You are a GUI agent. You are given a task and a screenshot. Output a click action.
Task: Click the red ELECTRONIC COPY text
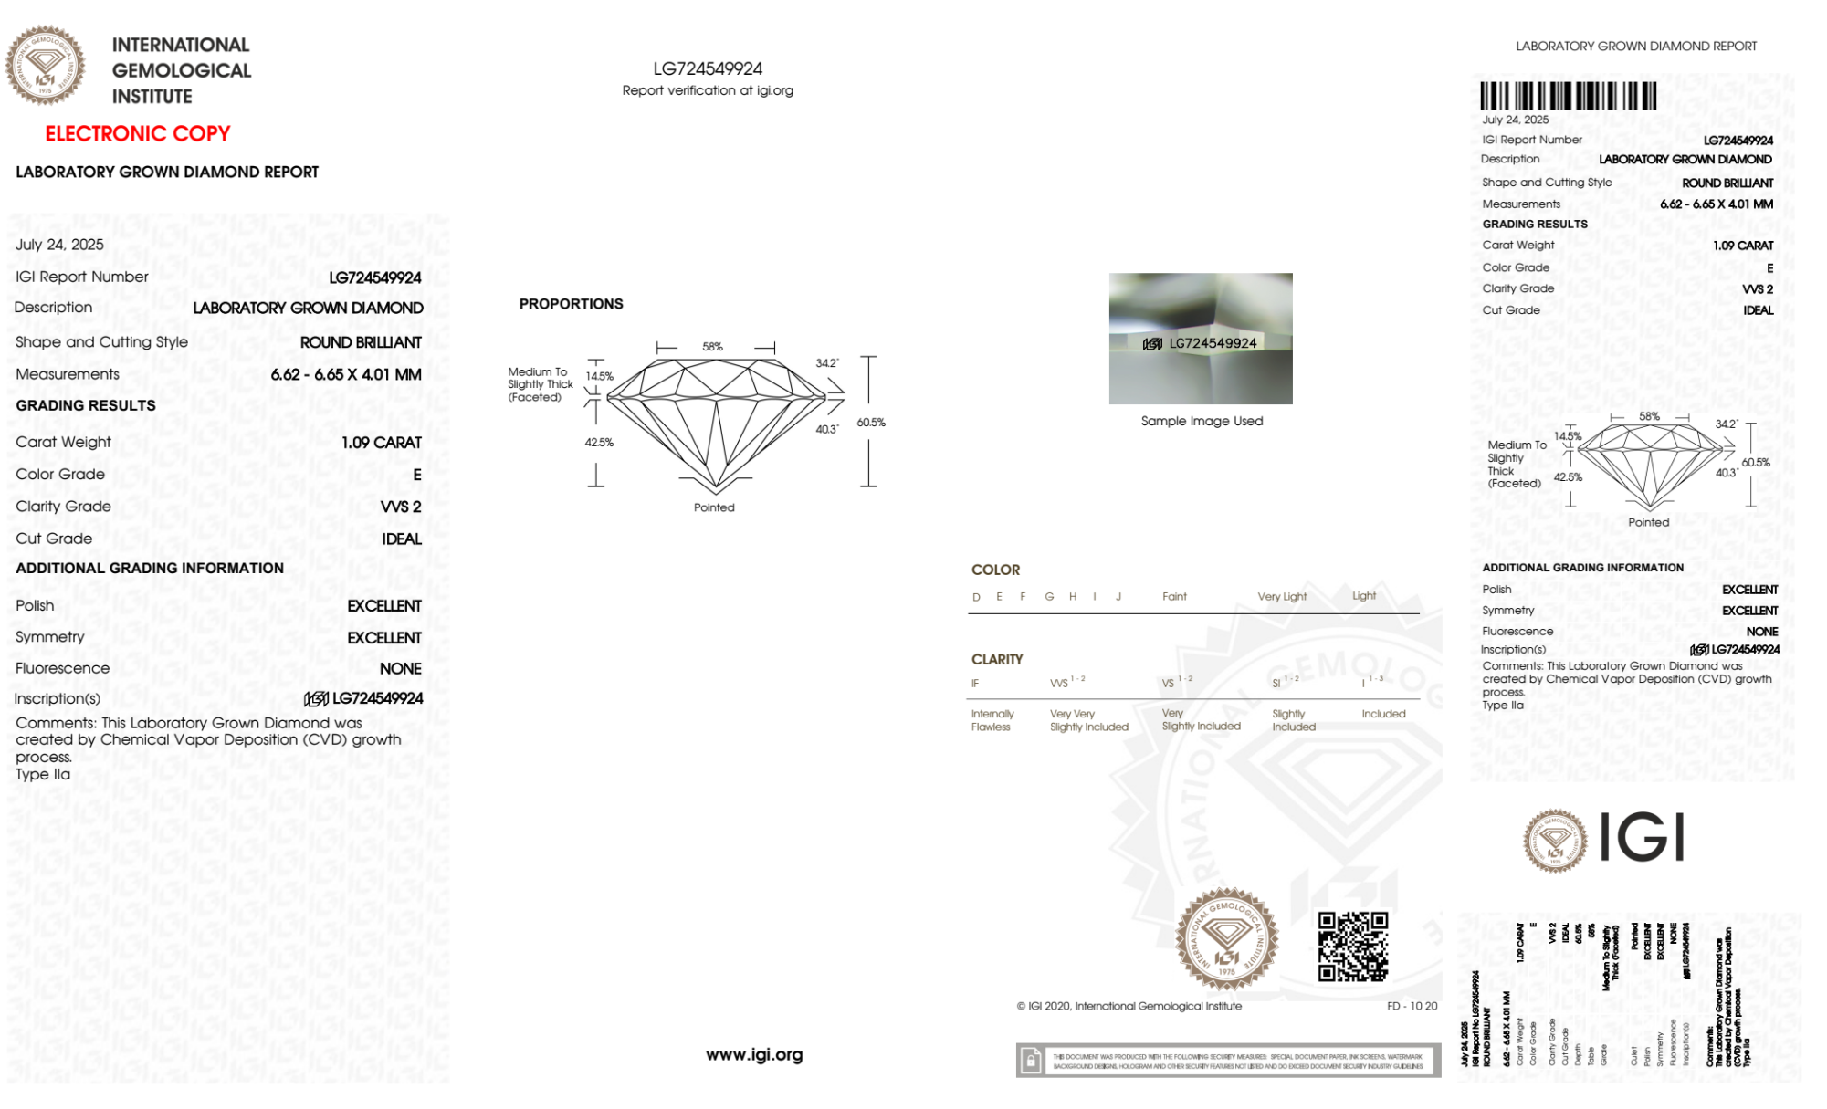click(138, 133)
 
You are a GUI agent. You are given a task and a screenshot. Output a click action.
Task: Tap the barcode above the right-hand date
click(1568, 96)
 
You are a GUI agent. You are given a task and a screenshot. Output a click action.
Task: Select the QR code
click(1352, 947)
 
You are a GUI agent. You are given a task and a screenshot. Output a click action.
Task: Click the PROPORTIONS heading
click(571, 304)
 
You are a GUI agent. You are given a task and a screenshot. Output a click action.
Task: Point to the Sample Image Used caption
click(1202, 421)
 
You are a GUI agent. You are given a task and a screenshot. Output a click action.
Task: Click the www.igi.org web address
click(754, 1054)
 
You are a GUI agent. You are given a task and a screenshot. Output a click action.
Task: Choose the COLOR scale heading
click(995, 570)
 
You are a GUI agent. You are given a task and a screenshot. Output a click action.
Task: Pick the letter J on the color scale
click(1118, 597)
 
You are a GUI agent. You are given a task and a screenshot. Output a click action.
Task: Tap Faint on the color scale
click(1174, 597)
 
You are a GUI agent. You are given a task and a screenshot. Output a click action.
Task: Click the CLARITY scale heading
click(997, 659)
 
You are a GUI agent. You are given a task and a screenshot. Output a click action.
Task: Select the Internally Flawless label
click(992, 720)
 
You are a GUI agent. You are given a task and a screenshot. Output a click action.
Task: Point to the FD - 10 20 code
click(1412, 1006)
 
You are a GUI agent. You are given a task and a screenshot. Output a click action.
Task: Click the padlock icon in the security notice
click(1031, 1061)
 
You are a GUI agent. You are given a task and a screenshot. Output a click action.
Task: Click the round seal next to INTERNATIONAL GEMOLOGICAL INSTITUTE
click(45, 66)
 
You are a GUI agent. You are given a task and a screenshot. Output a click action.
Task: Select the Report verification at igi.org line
click(708, 90)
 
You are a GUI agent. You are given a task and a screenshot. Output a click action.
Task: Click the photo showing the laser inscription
click(1201, 339)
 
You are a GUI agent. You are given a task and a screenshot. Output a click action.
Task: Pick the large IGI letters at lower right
click(1643, 838)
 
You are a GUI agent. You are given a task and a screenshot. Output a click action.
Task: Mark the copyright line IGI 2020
click(1129, 1006)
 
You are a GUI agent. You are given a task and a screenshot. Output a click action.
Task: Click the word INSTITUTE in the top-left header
click(152, 97)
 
